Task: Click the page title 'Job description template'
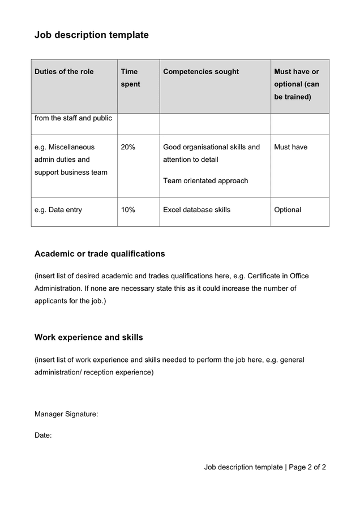click(91, 35)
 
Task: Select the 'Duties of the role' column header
click(64, 72)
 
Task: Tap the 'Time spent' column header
click(130, 78)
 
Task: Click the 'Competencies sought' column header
click(201, 72)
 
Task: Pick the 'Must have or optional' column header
click(297, 84)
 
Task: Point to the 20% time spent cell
click(128, 147)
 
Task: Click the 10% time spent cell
click(128, 210)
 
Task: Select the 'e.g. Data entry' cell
click(58, 210)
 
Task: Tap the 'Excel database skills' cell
click(196, 210)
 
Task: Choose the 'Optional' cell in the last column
click(288, 210)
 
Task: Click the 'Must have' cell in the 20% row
click(290, 147)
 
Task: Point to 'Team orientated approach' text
click(205, 181)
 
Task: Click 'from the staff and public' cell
click(73, 118)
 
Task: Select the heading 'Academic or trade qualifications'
click(100, 254)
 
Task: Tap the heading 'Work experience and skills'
click(89, 338)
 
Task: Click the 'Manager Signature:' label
click(66, 415)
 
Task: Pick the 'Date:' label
click(43, 435)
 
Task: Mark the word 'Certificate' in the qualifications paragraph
click(267, 276)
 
